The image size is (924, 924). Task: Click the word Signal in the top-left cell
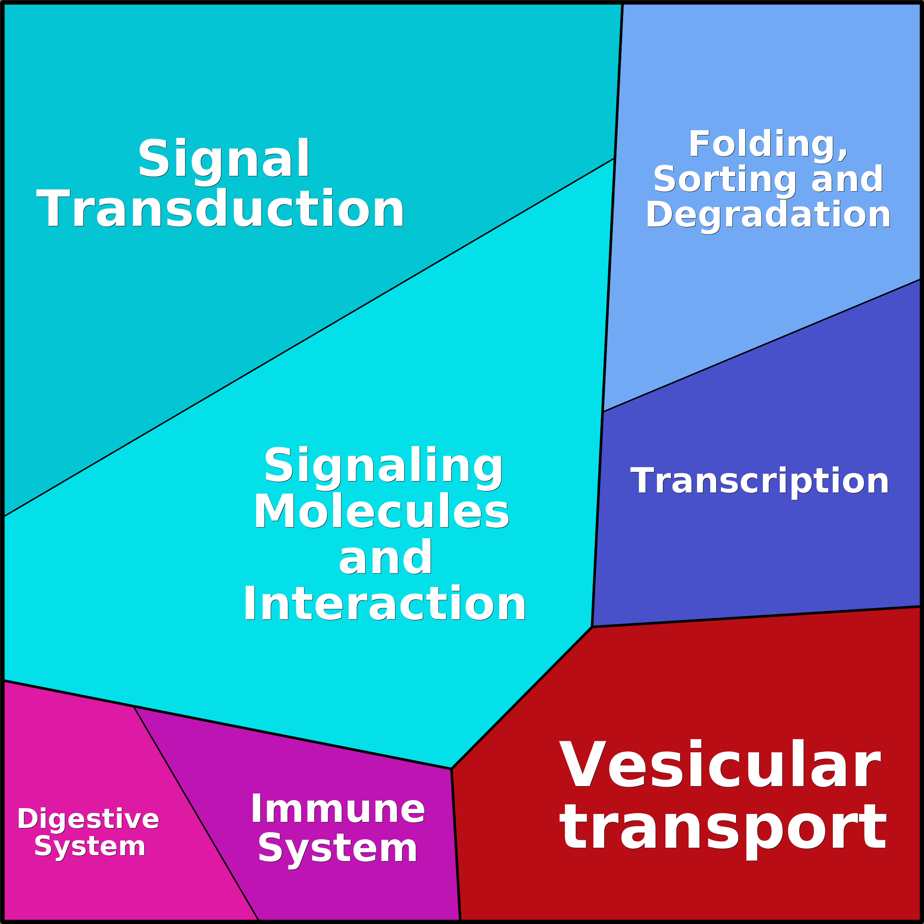[224, 158]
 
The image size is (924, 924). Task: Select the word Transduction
[220, 209]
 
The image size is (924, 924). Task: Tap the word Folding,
[768, 144]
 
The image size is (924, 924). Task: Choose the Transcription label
[760, 481]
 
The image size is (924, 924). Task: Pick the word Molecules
[382, 511]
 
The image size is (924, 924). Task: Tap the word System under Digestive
[90, 846]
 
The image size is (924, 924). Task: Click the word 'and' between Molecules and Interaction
[385, 558]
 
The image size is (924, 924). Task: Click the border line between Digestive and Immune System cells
[196, 813]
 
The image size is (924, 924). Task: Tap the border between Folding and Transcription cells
[760, 346]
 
